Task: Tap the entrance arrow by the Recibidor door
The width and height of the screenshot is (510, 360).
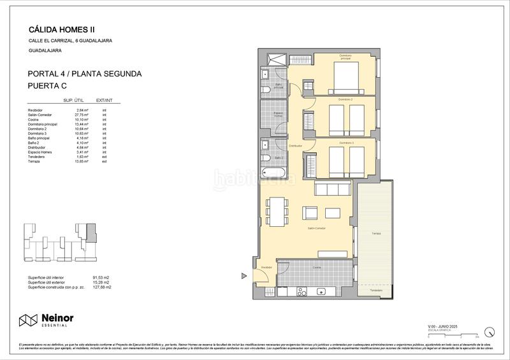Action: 244,276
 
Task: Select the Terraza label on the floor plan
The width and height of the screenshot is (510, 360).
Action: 377,234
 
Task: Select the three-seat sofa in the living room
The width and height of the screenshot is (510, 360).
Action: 331,189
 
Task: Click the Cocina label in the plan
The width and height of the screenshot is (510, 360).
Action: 317,268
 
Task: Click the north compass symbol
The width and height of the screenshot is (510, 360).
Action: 490,331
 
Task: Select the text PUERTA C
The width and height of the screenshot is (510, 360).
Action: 48,85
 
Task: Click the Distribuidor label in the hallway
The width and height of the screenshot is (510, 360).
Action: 295,146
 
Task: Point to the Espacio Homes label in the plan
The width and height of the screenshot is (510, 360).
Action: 278,115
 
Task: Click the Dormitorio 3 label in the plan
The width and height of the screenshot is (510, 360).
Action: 346,143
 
